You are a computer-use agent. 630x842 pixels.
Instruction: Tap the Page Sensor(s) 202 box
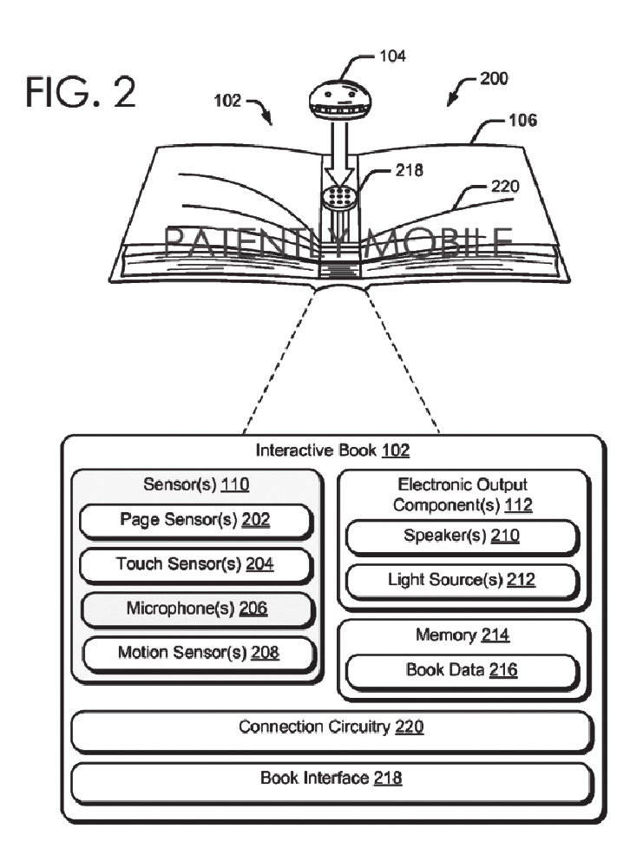[x=194, y=521]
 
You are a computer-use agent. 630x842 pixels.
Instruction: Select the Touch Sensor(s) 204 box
[x=194, y=564]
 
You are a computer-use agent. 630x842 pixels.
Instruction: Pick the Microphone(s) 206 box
[x=194, y=608]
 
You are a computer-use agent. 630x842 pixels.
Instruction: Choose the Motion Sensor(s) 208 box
[x=194, y=652]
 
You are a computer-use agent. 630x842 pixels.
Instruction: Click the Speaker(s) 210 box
[x=461, y=536]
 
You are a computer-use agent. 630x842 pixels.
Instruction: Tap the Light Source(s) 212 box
[x=461, y=580]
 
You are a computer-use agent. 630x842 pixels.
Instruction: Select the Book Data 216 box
[x=461, y=670]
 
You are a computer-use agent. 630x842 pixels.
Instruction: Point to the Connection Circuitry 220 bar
[x=331, y=727]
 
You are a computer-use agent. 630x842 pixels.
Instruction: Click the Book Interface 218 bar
[x=331, y=779]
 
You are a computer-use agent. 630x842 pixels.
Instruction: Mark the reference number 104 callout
[x=392, y=56]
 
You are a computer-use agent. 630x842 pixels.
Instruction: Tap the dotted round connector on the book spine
[x=341, y=197]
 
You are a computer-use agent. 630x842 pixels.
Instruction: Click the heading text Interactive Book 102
[x=331, y=451]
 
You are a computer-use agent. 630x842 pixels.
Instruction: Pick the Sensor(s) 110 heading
[x=194, y=485]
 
